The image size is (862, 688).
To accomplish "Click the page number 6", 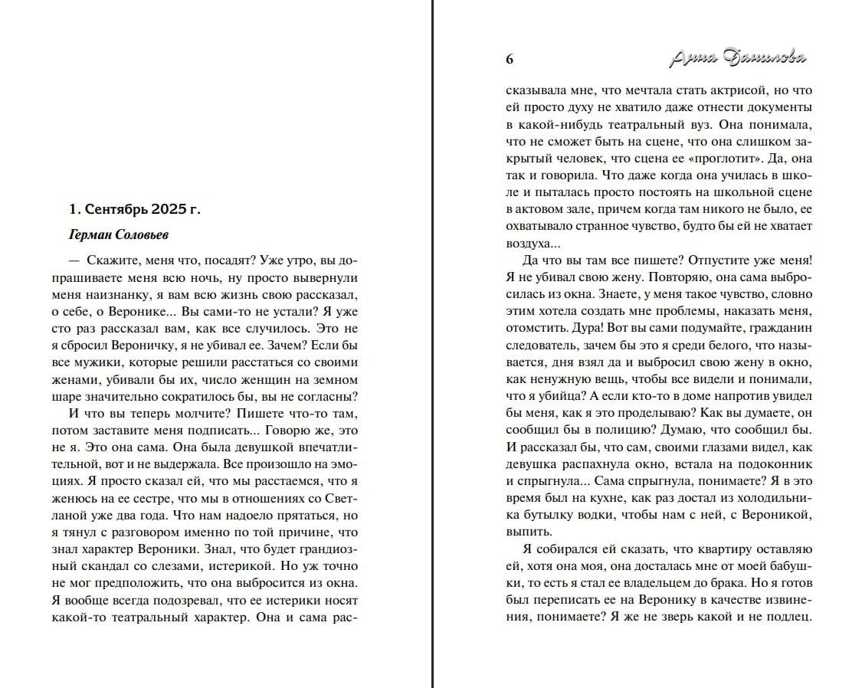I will click(x=510, y=61).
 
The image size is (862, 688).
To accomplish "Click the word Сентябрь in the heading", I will click(x=111, y=208).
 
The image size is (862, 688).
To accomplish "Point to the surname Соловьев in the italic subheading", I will click(x=147, y=234).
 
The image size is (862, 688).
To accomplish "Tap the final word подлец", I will click(x=788, y=617).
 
